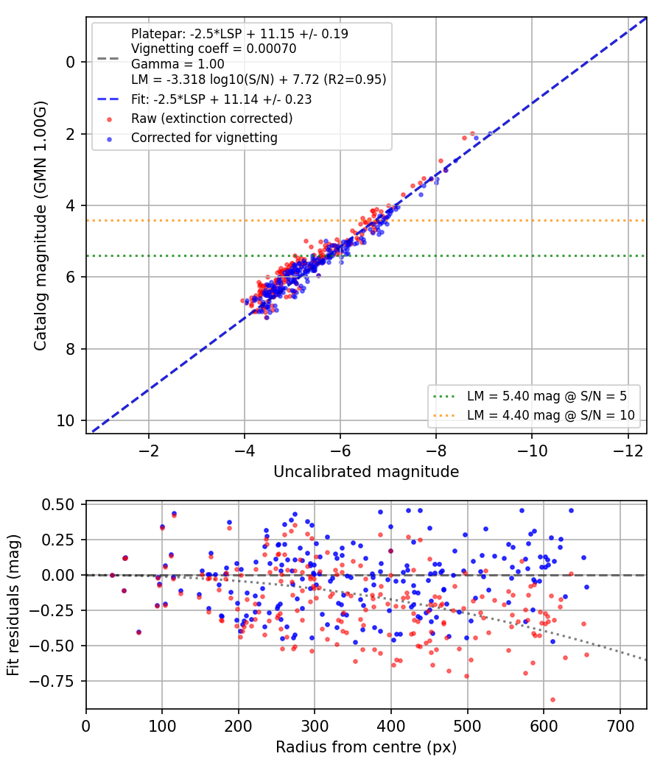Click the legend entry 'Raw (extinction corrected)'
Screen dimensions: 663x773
click(211, 119)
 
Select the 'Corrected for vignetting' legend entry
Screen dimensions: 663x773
click(204, 138)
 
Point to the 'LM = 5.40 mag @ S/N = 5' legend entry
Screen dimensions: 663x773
click(547, 396)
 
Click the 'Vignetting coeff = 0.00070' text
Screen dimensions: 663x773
click(214, 49)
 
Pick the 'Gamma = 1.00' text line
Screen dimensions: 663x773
click(178, 64)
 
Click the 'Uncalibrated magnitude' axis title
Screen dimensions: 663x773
click(367, 472)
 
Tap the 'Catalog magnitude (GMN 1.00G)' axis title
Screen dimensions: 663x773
click(40, 226)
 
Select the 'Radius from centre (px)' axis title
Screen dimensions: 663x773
click(366, 747)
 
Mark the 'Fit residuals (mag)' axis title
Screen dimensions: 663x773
click(13, 605)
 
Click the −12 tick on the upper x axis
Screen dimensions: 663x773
click(628, 451)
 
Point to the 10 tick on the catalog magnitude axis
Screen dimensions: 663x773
click(66, 420)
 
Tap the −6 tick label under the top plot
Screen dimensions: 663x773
click(340, 451)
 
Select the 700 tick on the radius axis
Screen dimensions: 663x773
click(620, 726)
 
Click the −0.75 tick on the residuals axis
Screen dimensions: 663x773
click(52, 681)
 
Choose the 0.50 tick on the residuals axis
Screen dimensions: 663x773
click(59, 504)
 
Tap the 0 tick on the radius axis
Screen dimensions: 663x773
click(86, 726)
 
